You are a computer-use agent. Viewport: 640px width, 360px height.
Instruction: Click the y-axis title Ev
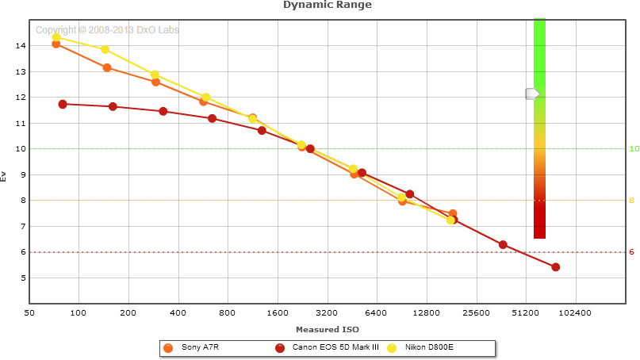tap(5, 176)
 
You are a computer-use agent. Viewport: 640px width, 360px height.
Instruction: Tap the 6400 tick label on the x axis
tap(376, 313)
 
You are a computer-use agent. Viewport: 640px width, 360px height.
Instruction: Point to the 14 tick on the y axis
tap(21, 46)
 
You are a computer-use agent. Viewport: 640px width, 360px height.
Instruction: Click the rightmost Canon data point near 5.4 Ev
tap(555, 267)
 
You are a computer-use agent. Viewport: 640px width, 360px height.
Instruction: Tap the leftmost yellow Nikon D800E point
tap(56, 37)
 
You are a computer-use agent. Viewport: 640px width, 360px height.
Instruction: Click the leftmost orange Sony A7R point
tap(56, 44)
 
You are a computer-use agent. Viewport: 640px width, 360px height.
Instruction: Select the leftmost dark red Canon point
tap(63, 104)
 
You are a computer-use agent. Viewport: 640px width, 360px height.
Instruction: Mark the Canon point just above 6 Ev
tap(503, 244)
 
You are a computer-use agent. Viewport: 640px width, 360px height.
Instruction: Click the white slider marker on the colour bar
tap(533, 94)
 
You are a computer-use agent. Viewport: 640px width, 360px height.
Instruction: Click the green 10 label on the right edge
tap(634, 149)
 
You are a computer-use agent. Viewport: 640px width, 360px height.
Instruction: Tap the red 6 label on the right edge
tap(632, 252)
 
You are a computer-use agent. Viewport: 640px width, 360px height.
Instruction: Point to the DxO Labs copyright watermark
tap(107, 30)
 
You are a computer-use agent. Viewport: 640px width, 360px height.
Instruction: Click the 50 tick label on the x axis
tap(29, 313)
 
